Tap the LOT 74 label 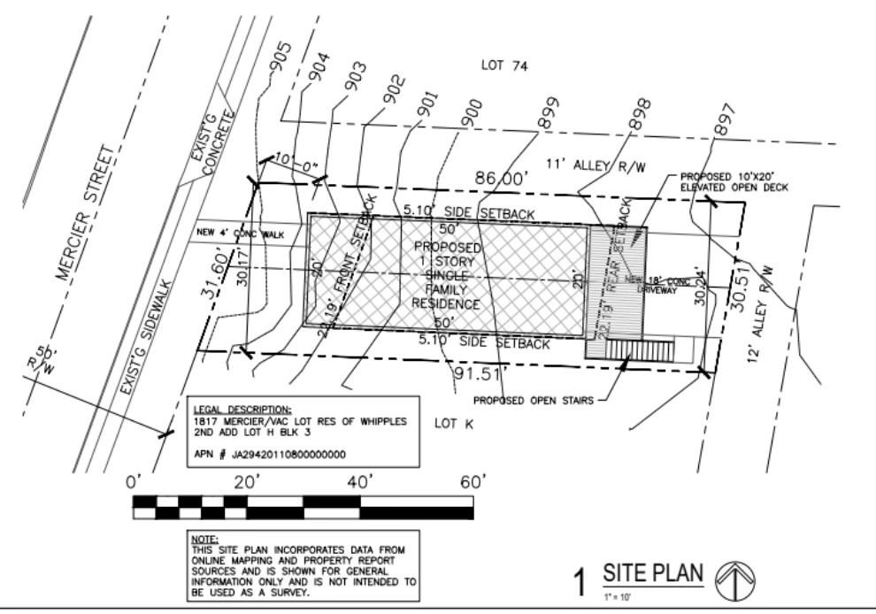click(x=503, y=65)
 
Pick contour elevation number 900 click(x=471, y=112)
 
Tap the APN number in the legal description click(x=269, y=454)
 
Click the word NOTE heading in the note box click(x=204, y=538)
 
